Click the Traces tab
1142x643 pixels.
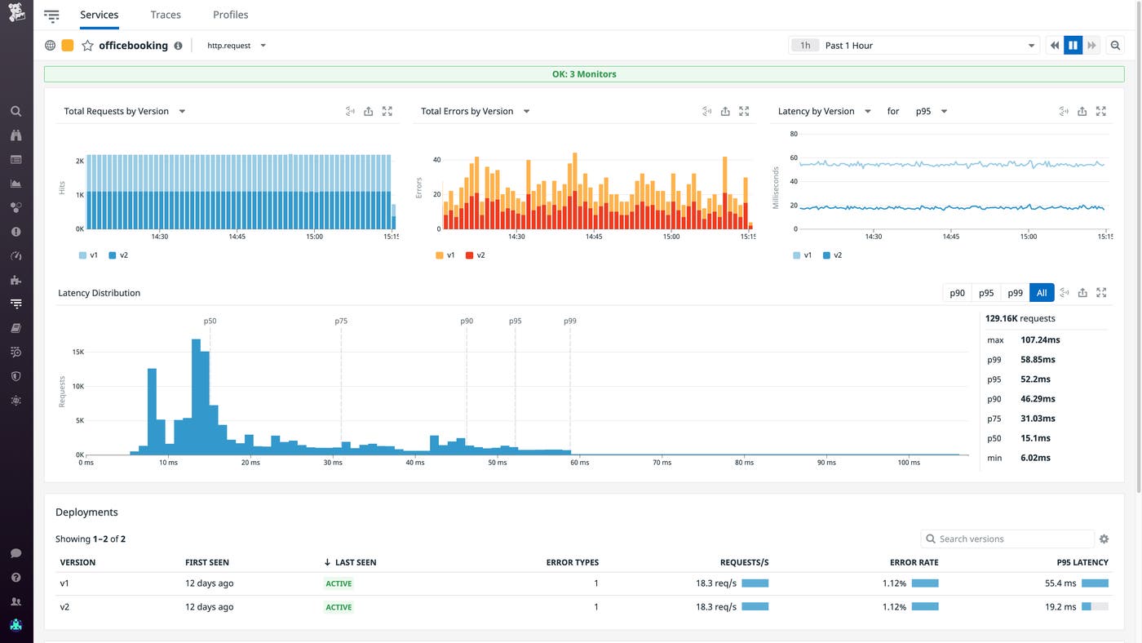166,15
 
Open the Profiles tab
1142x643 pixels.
230,15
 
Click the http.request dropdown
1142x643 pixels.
236,46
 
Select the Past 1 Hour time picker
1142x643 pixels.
914,46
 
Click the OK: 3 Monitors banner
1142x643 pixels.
583,74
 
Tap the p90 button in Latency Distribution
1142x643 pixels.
957,293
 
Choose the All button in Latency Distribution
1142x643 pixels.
1042,293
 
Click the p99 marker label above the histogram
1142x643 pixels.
569,321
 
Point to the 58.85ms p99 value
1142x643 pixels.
1038,360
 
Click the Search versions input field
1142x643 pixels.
1011,539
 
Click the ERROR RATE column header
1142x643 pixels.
914,562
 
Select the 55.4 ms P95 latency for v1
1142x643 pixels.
1060,583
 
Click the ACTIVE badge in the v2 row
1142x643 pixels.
339,607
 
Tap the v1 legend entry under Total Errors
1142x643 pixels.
445,255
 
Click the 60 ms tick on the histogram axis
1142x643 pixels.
579,463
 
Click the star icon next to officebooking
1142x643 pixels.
87,46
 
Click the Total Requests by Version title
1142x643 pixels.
116,112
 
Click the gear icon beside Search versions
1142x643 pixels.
1104,539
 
